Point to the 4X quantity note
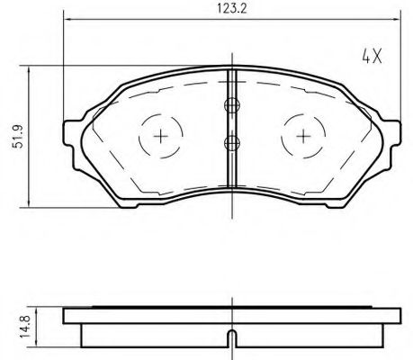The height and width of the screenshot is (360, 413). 372,56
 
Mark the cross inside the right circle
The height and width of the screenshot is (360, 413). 303,136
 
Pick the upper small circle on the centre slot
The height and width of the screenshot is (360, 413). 231,104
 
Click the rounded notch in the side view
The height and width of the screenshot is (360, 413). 231,339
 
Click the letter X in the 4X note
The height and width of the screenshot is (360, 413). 378,56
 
